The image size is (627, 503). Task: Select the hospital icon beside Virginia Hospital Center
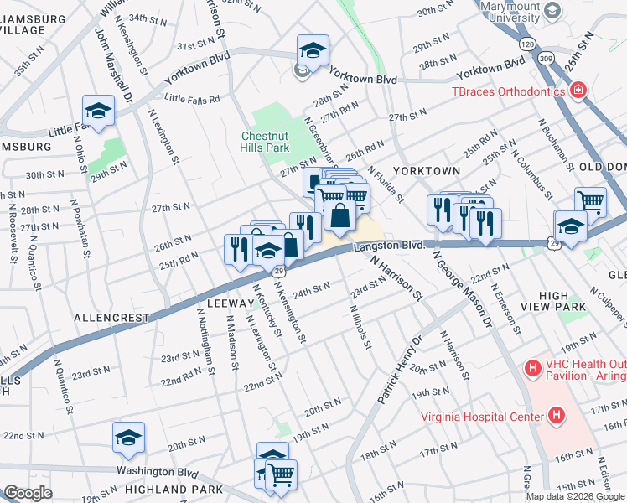coord(555,415)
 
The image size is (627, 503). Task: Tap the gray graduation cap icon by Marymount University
coord(552,10)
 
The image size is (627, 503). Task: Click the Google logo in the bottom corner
coord(28,493)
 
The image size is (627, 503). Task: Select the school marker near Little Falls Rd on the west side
coord(98,111)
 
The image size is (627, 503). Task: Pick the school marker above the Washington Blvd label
coord(128,437)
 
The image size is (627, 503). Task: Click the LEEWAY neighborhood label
coord(226,303)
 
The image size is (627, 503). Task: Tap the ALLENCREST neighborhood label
coord(111,318)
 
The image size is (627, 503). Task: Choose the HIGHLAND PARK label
coord(174,489)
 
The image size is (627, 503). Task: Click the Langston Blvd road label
coord(389,246)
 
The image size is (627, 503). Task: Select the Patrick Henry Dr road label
coord(400,370)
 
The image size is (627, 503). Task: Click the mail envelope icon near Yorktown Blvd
coord(302,71)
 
